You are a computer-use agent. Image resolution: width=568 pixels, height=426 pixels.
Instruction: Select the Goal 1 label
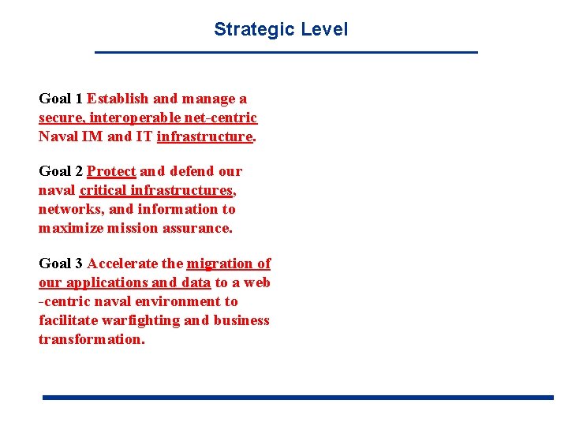click(61, 99)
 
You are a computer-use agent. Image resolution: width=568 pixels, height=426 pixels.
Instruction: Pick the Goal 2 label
click(61, 171)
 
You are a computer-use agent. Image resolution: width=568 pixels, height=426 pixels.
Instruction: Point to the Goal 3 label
click(61, 263)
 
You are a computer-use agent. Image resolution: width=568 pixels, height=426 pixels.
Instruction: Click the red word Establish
click(118, 99)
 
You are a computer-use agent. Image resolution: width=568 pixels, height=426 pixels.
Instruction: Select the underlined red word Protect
click(111, 171)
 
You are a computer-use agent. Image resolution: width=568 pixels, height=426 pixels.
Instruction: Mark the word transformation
click(92, 339)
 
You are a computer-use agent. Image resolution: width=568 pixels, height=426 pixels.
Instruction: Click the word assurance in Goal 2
click(200, 228)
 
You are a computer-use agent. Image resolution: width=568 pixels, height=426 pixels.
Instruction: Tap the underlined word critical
click(103, 190)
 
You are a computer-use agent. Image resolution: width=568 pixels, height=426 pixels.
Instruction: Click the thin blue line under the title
click(286, 52)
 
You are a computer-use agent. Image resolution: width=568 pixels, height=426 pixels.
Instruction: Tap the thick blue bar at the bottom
click(297, 398)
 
